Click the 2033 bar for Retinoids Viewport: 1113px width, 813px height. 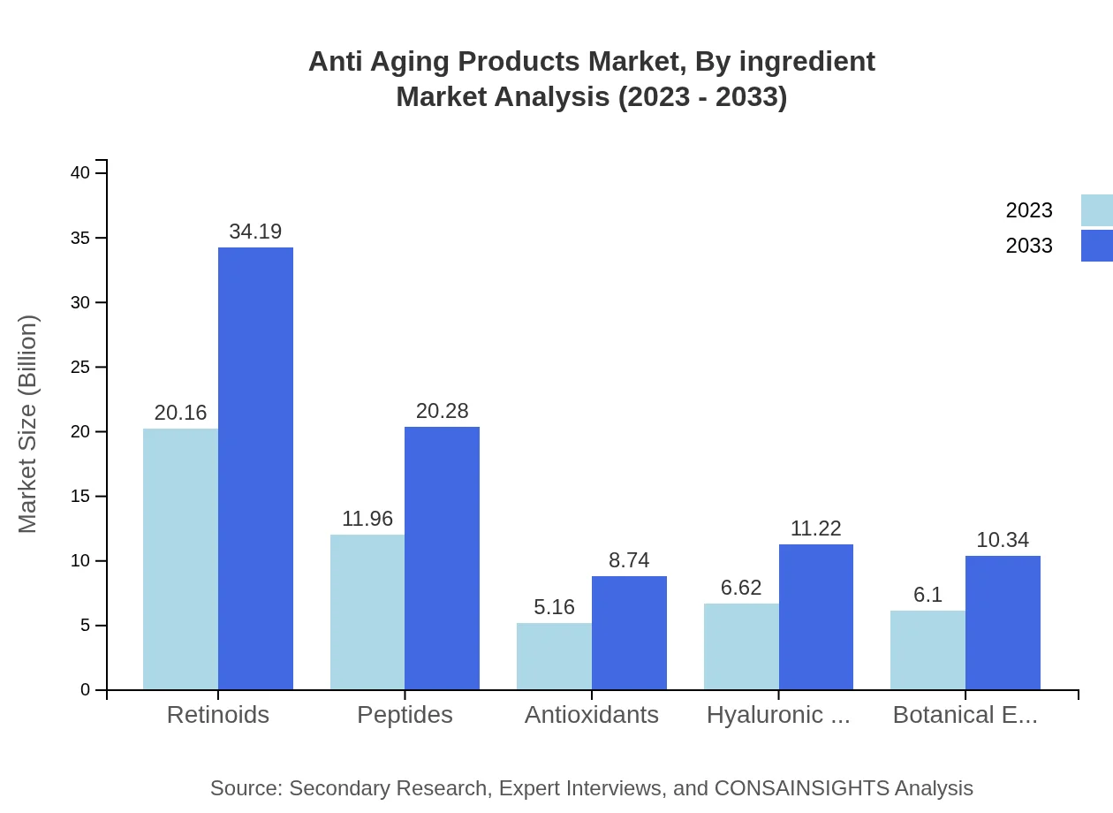point(255,468)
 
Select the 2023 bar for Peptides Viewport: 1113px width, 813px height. point(367,612)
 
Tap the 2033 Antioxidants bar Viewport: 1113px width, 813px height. point(629,633)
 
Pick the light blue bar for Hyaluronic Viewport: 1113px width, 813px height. point(741,646)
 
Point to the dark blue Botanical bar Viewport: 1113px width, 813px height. point(1003,622)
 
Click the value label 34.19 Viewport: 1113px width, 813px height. point(255,232)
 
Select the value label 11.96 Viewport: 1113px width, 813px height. point(367,519)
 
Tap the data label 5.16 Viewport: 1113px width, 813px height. point(554,607)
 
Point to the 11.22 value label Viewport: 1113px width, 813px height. point(815,528)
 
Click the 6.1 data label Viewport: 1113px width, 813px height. point(927,595)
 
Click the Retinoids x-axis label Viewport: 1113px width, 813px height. point(218,715)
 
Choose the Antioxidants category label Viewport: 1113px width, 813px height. point(592,715)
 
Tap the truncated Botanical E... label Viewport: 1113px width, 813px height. point(965,715)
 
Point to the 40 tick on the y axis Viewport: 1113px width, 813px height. point(80,173)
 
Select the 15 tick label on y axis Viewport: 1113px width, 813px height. point(80,497)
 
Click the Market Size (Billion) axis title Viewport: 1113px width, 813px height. point(28,424)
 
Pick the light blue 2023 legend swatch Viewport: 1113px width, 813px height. point(1097,210)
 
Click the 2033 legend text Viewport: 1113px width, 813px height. point(1029,246)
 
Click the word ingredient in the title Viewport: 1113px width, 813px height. point(806,62)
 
